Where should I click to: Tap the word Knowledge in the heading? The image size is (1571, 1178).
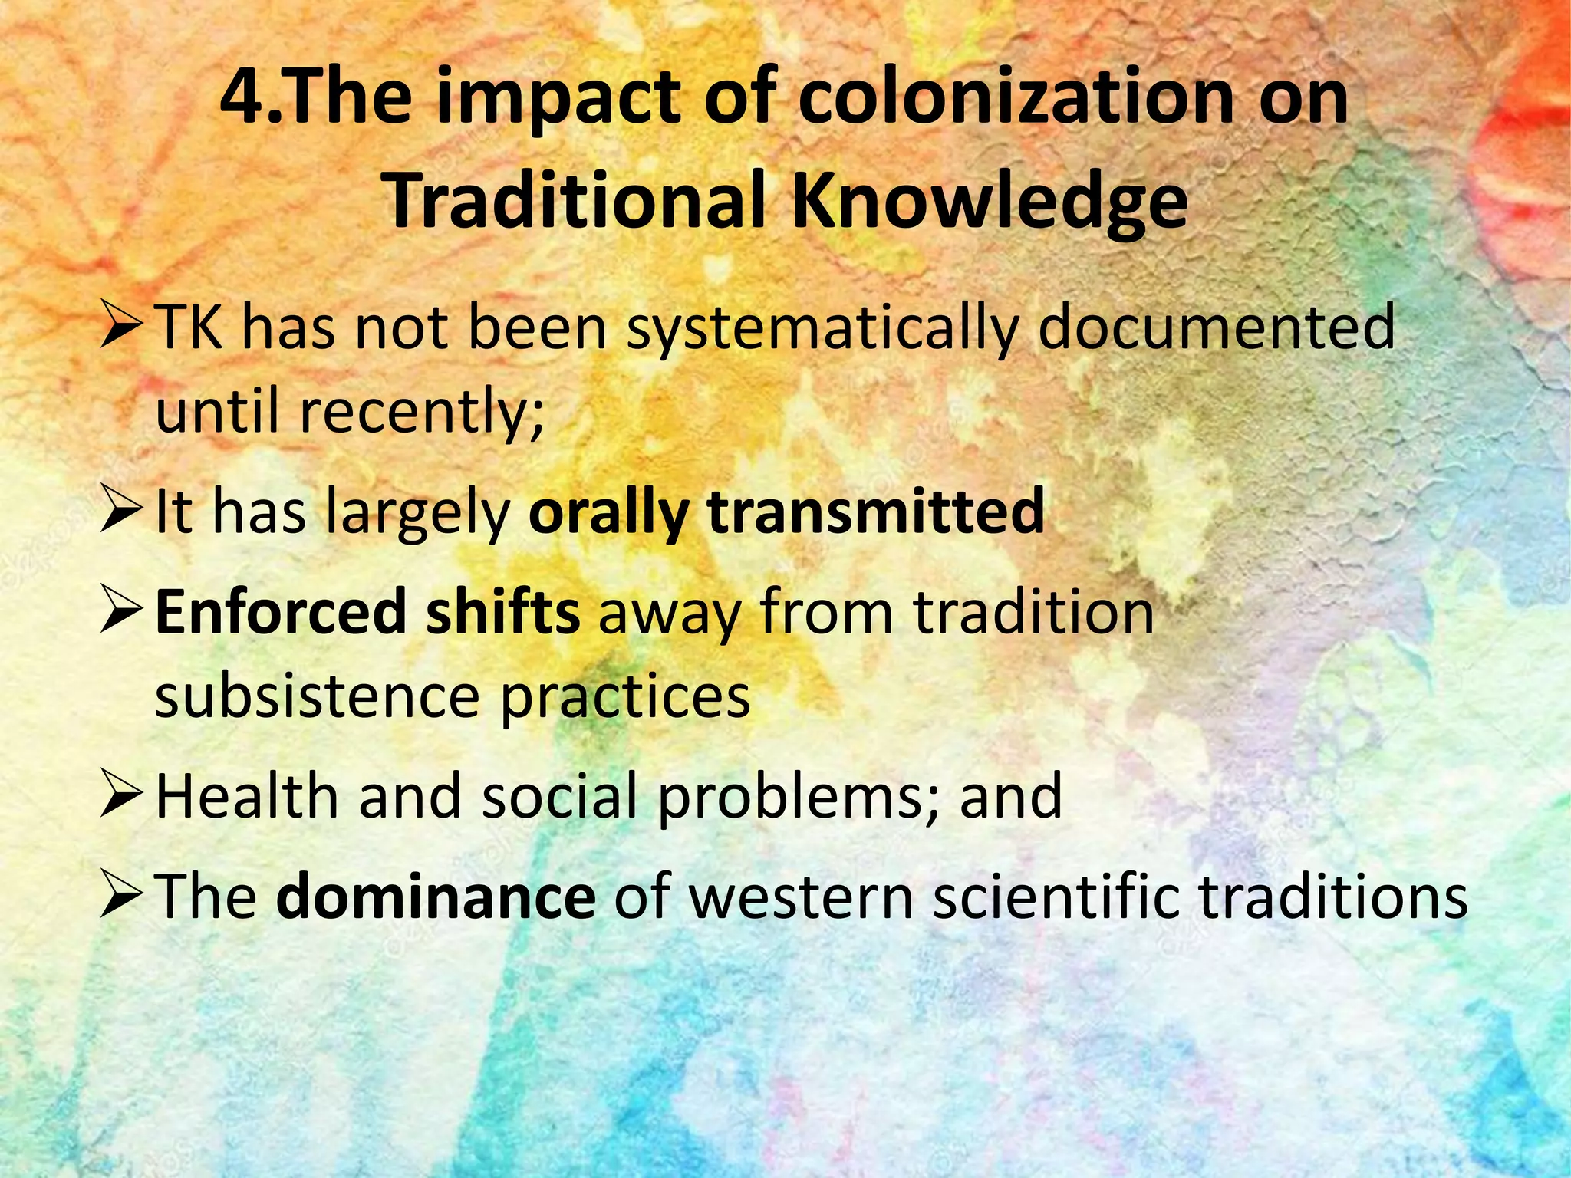pos(990,201)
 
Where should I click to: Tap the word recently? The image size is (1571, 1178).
pos(421,412)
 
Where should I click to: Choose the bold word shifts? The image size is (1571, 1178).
pos(503,612)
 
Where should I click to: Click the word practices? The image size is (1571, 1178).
pos(625,697)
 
